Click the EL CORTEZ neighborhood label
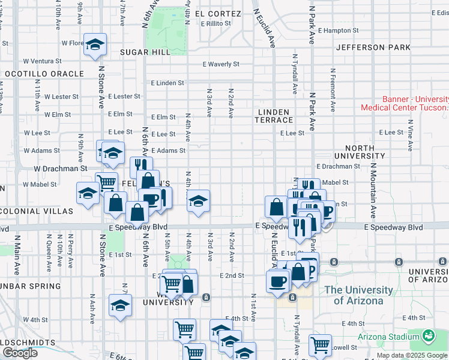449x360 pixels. (x=217, y=14)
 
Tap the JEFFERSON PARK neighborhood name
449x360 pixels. (x=373, y=47)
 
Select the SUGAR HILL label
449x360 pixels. (x=145, y=53)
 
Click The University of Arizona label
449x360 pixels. (x=358, y=295)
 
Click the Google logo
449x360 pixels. (x=20, y=353)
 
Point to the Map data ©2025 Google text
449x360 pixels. (x=412, y=356)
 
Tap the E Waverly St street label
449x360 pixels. (x=221, y=64)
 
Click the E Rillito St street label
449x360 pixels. (x=220, y=24)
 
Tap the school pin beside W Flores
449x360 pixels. (x=95, y=46)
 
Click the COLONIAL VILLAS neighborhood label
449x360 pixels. (x=37, y=211)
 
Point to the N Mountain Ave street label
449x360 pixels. (x=372, y=191)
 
